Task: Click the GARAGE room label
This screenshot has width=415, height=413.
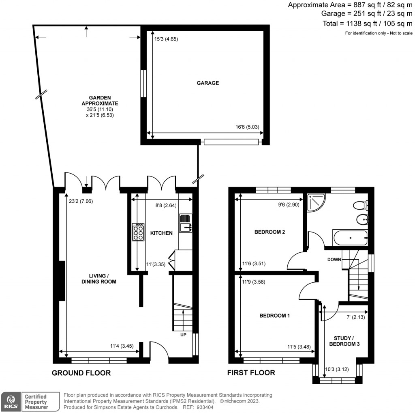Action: click(207, 83)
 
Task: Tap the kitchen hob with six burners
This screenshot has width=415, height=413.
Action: click(138, 232)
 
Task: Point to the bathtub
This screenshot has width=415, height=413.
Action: click(351, 238)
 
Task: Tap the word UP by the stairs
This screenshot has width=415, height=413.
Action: click(183, 336)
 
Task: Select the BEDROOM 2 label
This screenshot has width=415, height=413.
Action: click(270, 232)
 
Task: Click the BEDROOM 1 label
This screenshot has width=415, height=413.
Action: click(274, 316)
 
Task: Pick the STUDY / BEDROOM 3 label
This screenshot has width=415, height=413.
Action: click(347, 341)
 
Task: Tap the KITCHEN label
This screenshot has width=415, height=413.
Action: click(161, 233)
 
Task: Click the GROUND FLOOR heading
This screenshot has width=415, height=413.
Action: click(81, 373)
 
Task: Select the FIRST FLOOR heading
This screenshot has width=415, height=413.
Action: click(251, 373)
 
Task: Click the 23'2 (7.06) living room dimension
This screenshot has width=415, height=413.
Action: click(81, 201)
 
